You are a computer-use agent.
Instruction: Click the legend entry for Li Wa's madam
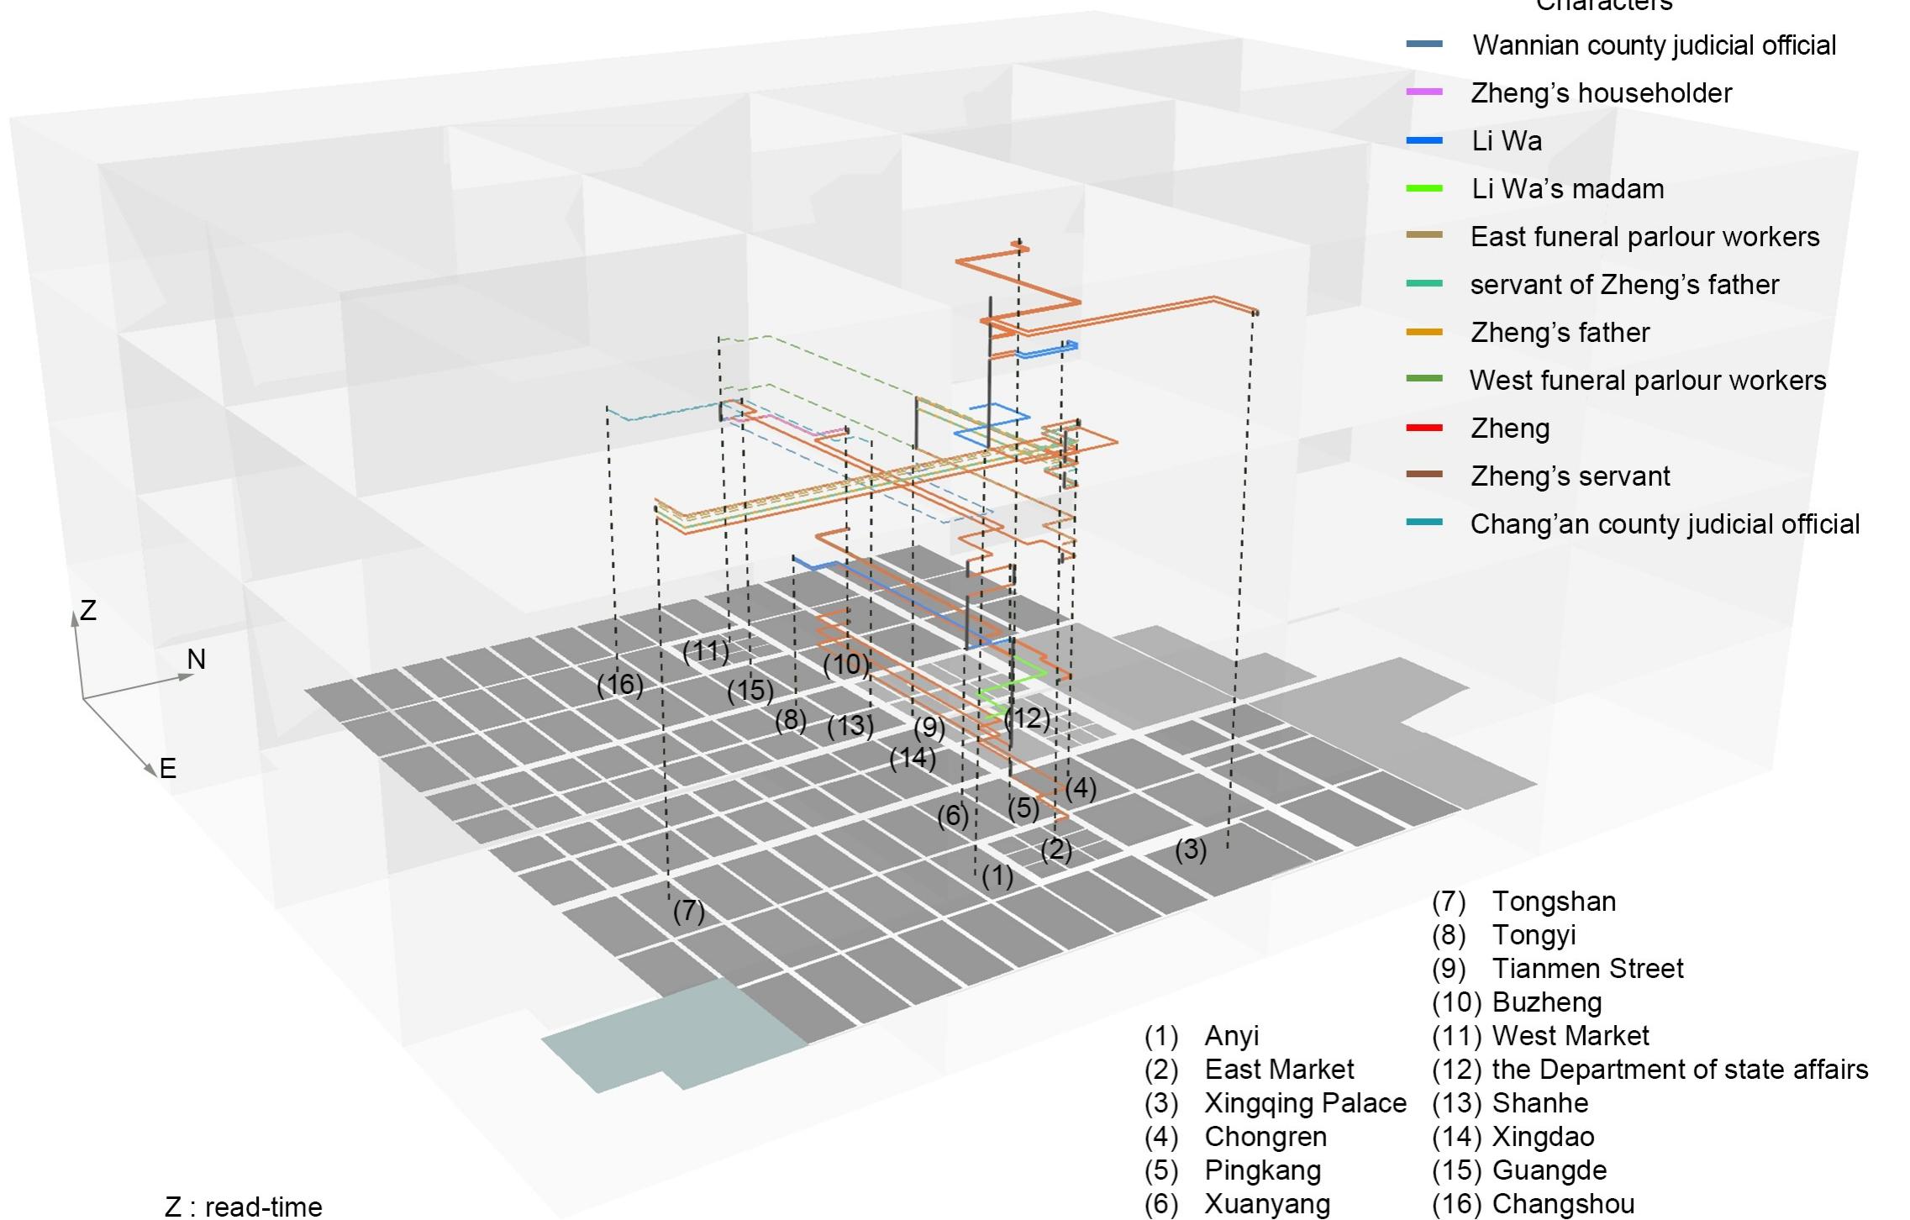pos(1567,189)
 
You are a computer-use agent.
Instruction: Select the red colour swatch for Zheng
pos(1424,429)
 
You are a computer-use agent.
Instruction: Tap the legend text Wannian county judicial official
pos(1654,45)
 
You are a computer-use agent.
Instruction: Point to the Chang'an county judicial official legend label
pos(1664,524)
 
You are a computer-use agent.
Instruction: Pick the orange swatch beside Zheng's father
pos(1424,333)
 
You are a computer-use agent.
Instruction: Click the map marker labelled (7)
pos(688,911)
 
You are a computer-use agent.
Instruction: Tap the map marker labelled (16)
pos(620,685)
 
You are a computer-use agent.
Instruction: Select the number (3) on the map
pos(1191,850)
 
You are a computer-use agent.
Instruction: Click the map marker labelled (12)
pos(1028,718)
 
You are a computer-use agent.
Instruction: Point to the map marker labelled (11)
pos(706,652)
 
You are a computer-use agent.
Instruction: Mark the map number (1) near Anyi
pos(997,876)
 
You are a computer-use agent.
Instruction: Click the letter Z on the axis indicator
pos(88,611)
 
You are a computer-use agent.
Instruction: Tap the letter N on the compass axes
pos(196,660)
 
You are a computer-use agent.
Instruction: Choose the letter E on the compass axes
pos(168,768)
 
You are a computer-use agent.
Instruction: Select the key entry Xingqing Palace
pos(1305,1103)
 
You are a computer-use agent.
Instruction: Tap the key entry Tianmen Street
pos(1586,969)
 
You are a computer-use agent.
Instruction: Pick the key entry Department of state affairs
pos(1679,1070)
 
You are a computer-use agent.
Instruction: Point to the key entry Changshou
pos(1563,1204)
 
